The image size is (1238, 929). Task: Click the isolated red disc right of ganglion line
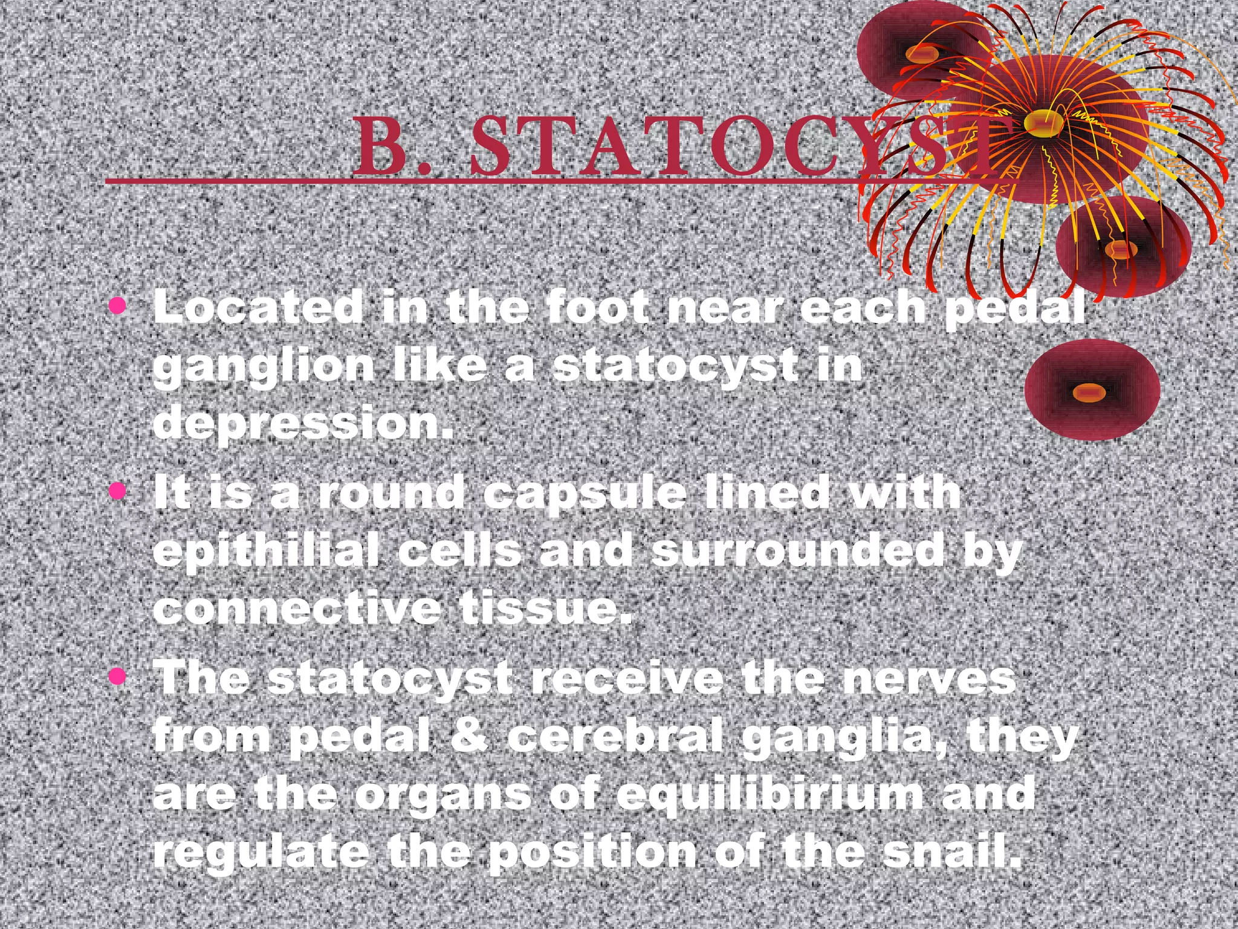(1092, 390)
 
